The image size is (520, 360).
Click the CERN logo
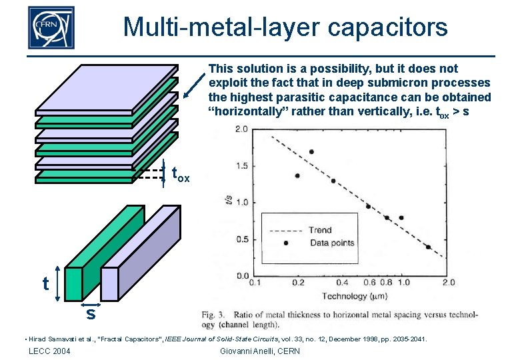51,28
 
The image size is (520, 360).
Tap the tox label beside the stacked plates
181,175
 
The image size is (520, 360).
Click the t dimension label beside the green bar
45,284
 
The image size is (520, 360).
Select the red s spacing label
90,312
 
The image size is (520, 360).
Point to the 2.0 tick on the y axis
241,129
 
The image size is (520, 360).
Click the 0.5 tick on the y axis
241,239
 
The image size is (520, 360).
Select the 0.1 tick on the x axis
254,283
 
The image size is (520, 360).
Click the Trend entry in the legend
320,230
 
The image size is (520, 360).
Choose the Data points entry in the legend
332,243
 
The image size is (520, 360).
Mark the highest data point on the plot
311,152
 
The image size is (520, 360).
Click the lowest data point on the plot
428,247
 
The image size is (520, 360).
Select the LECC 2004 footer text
49,351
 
